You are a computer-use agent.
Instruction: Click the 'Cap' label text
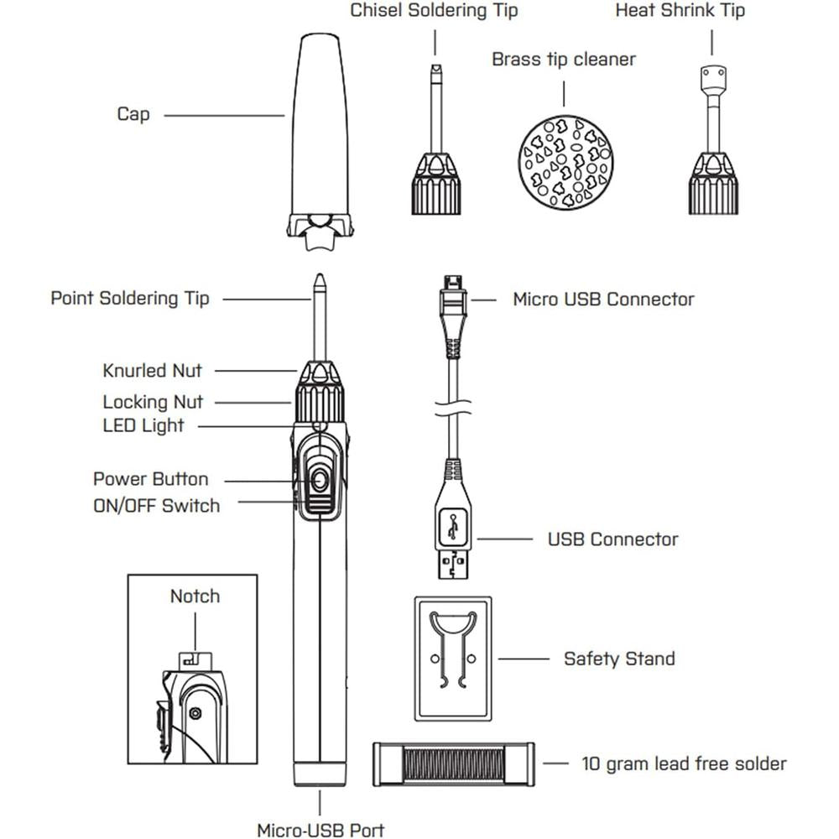pyautogui.click(x=133, y=114)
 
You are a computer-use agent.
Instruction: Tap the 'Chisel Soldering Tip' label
pyautogui.click(x=434, y=11)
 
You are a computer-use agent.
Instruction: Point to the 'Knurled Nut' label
pyautogui.click(x=152, y=370)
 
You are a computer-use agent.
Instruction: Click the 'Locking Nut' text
pyautogui.click(x=153, y=402)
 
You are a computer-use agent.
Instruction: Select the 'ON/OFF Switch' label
pyautogui.click(x=156, y=506)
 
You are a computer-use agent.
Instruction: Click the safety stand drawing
pyautogui.click(x=453, y=658)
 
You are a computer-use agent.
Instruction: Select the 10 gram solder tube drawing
pyautogui.click(x=452, y=763)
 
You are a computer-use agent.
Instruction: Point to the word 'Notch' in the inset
pyautogui.click(x=195, y=597)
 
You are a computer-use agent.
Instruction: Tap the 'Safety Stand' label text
pyautogui.click(x=619, y=659)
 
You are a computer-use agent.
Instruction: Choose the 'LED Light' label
pyautogui.click(x=143, y=425)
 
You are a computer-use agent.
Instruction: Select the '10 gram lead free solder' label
pyautogui.click(x=684, y=763)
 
